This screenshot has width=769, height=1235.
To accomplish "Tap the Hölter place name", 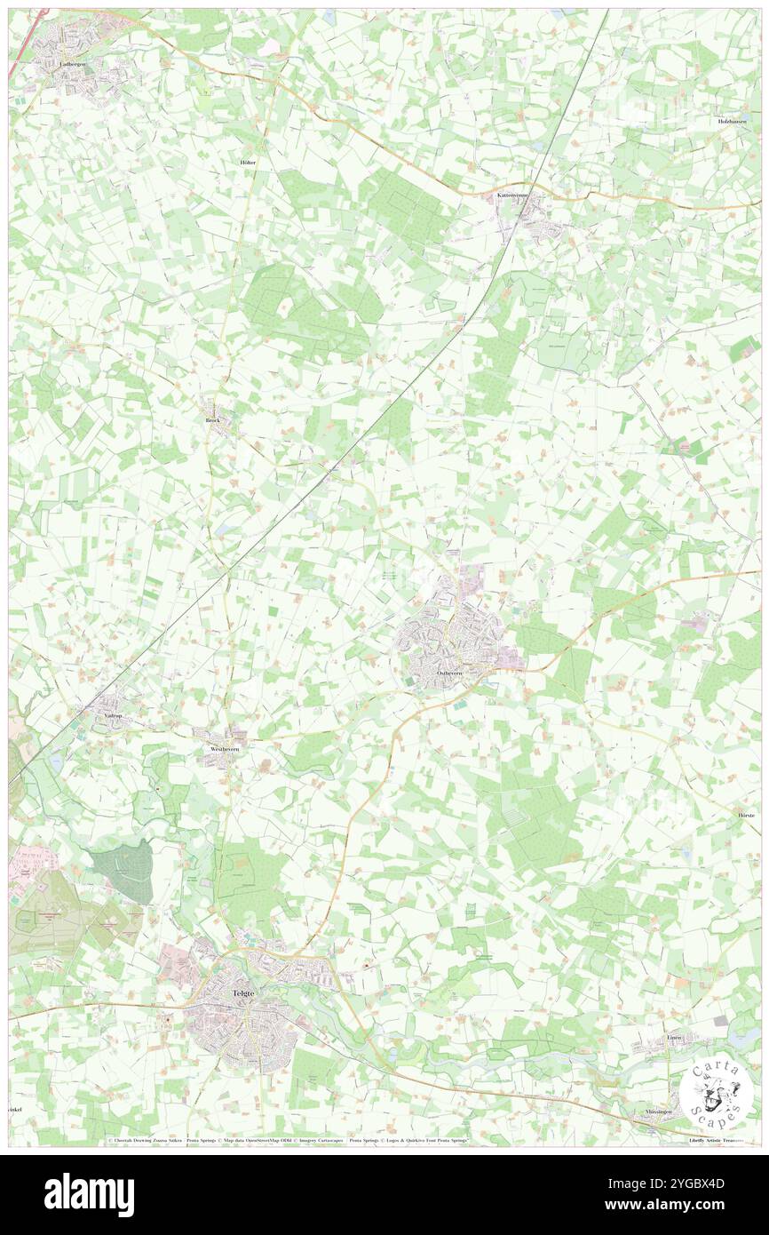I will [x=250, y=163].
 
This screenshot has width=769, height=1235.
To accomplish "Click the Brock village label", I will [x=212, y=420].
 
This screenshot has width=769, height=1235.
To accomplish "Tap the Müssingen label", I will [x=662, y=1111].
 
